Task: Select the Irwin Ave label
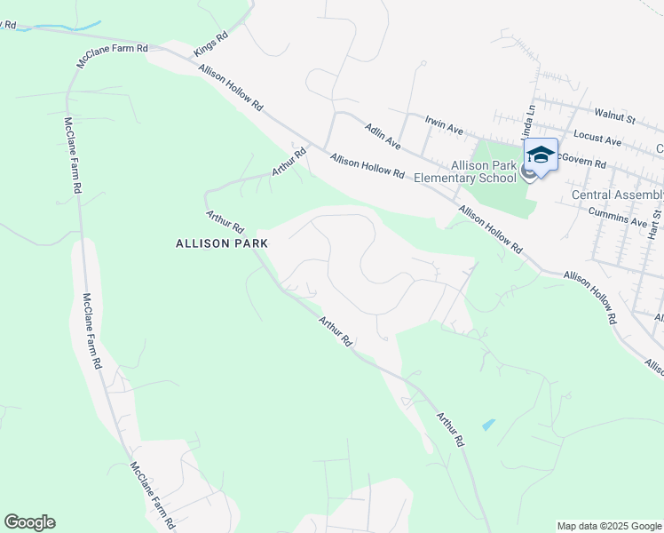click(x=444, y=124)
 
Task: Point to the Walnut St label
click(x=615, y=116)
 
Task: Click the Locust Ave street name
click(x=597, y=139)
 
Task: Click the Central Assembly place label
click(x=617, y=195)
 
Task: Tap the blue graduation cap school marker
click(x=541, y=155)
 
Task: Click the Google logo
click(x=29, y=522)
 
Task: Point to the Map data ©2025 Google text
click(x=609, y=526)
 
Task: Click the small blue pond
click(x=487, y=425)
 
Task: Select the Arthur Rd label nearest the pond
click(x=450, y=428)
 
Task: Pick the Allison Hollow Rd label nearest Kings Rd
click(x=231, y=87)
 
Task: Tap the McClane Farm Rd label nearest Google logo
click(x=152, y=491)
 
